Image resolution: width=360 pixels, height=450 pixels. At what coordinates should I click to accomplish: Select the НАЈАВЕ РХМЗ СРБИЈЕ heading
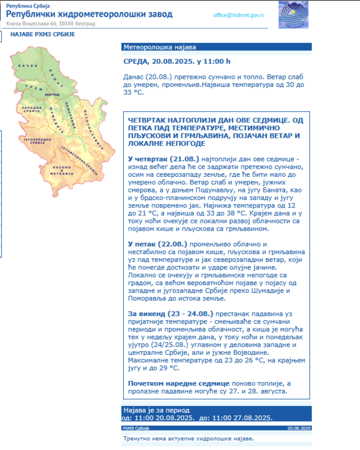coord(42,34)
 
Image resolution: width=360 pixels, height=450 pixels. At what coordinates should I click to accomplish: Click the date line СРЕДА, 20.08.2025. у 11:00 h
coord(177,62)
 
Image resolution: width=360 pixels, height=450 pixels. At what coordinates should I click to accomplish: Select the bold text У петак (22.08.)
coord(158,244)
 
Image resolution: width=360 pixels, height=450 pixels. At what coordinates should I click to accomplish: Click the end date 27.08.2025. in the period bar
coord(252,418)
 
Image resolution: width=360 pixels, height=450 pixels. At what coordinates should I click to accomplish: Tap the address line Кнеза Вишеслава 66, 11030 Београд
coord(50,24)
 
